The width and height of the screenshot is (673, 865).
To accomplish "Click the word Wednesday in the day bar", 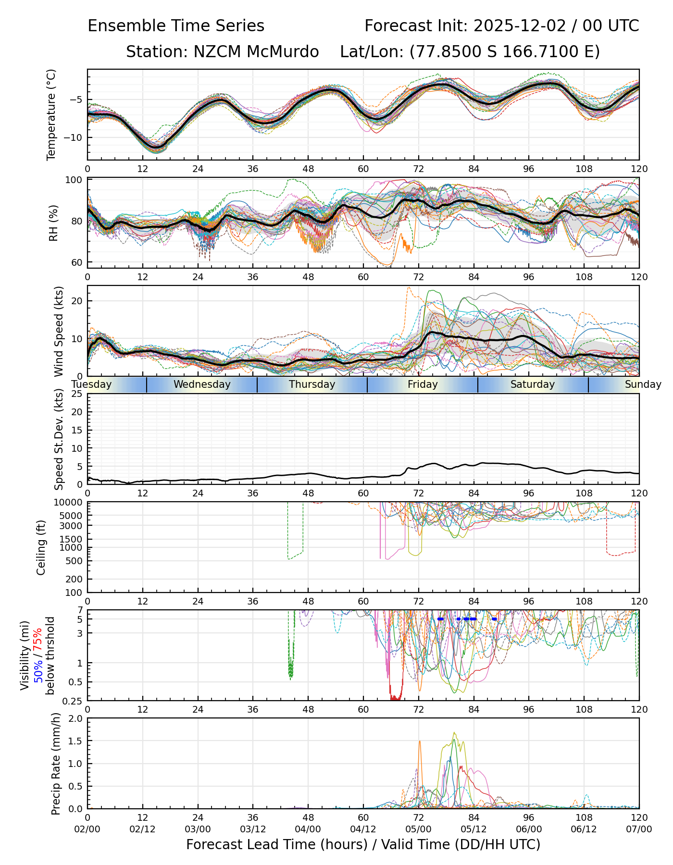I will pyautogui.click(x=202, y=384).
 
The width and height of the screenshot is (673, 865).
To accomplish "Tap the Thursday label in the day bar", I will pyautogui.click(x=312, y=384).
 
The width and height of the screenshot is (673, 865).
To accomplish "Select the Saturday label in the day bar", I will pyautogui.click(x=533, y=384).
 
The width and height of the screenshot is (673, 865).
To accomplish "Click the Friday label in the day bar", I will pyautogui.click(x=423, y=384).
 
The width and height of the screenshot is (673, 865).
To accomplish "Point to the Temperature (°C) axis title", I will pyautogui.click(x=51, y=114).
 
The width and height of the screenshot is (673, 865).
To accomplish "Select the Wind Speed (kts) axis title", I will pyautogui.click(x=59, y=331).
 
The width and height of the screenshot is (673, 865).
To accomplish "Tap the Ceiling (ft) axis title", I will pyautogui.click(x=41, y=547).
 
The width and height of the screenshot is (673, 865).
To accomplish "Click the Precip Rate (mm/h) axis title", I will pyautogui.click(x=56, y=764).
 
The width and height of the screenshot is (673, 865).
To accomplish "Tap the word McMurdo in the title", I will pyautogui.click(x=283, y=52).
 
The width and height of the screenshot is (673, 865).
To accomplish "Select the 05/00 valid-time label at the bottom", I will pyautogui.click(x=418, y=829).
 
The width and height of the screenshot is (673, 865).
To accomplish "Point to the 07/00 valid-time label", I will pyautogui.click(x=639, y=829).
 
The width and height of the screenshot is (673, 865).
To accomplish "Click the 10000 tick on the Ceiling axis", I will pyautogui.click(x=71, y=503).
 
